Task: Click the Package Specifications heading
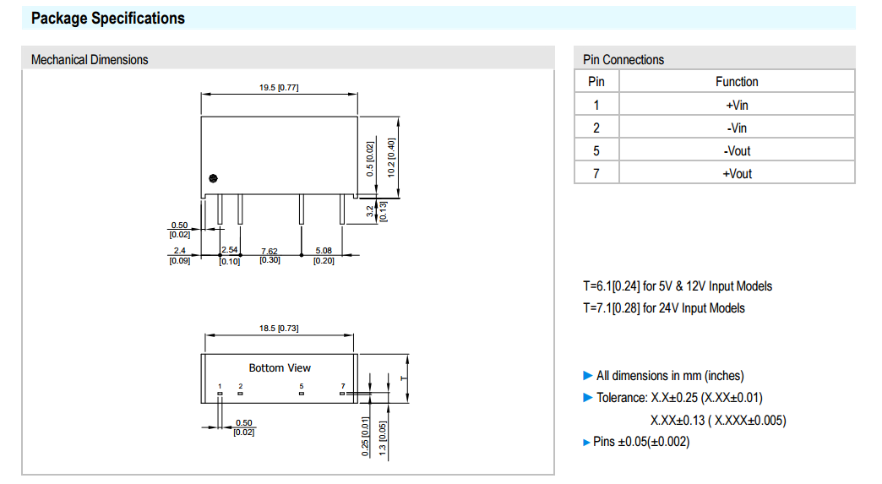click(x=107, y=18)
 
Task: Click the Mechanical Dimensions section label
click(x=90, y=59)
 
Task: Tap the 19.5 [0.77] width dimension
click(x=279, y=88)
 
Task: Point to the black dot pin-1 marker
click(x=213, y=177)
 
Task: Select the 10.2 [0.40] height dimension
click(x=391, y=156)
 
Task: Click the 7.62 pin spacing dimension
click(x=269, y=256)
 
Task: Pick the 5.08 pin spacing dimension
click(x=324, y=256)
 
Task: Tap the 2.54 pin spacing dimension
click(x=230, y=256)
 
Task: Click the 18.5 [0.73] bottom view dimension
click(x=279, y=328)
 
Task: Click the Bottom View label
click(x=280, y=367)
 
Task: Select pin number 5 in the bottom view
click(x=302, y=386)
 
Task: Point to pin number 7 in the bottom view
click(x=343, y=386)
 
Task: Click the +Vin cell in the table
click(x=737, y=105)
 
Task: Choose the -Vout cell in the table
click(x=737, y=150)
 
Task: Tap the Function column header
click(x=737, y=81)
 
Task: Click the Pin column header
click(x=596, y=81)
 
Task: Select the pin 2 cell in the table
click(x=596, y=128)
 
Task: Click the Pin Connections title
click(x=623, y=59)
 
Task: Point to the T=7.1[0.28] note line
click(x=664, y=308)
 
